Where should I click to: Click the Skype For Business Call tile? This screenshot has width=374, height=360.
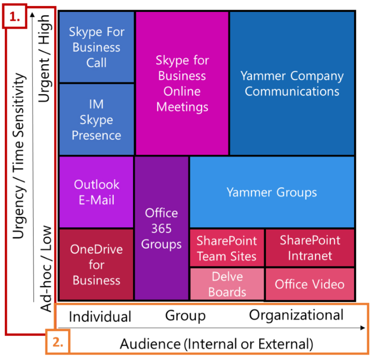pyautogui.click(x=97, y=47)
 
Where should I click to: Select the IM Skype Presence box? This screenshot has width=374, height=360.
pyautogui.click(x=97, y=120)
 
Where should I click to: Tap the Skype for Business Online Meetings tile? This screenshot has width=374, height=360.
pyautogui.click(x=182, y=83)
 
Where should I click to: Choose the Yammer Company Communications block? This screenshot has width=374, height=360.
pyautogui.click(x=292, y=83)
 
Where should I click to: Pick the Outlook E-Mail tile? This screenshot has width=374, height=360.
pyautogui.click(x=97, y=192)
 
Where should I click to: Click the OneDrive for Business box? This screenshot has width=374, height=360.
pyautogui.click(x=97, y=265)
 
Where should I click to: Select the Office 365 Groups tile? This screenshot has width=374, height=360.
pyautogui.click(x=161, y=228)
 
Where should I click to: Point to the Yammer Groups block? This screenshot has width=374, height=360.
pyautogui.click(x=272, y=192)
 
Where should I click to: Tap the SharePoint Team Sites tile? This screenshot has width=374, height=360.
pyautogui.click(x=227, y=248)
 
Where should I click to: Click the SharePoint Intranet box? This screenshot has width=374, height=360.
pyautogui.click(x=310, y=248)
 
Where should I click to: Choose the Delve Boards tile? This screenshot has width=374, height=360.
pyautogui.click(x=227, y=284)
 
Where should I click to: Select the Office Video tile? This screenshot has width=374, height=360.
pyautogui.click(x=310, y=284)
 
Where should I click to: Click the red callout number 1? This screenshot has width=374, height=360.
pyautogui.click(x=15, y=16)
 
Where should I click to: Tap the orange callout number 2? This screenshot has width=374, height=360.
pyautogui.click(x=58, y=341)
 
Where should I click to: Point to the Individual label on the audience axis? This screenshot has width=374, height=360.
pyautogui.click(x=100, y=317)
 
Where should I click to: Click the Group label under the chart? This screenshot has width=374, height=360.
pyautogui.click(x=186, y=316)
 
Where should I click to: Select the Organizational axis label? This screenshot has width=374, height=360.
pyautogui.click(x=296, y=315)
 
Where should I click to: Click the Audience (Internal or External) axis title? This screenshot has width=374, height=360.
pyautogui.click(x=216, y=344)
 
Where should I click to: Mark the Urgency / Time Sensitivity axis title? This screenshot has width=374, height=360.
pyautogui.click(x=19, y=156)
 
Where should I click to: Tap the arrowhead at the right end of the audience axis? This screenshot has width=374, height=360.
pyautogui.click(x=363, y=328)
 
